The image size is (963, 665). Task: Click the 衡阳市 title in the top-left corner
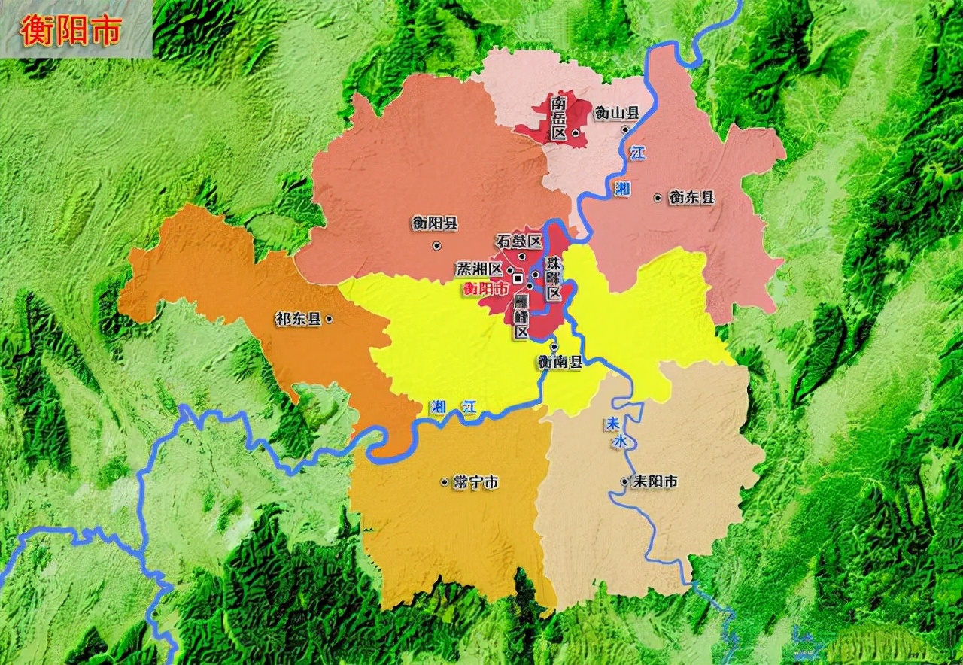click(x=72, y=32)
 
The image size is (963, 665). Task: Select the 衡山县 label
click(x=616, y=114)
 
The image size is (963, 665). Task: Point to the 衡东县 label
click(x=691, y=198)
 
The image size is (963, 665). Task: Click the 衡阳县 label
click(x=434, y=223)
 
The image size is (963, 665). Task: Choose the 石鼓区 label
click(x=519, y=241)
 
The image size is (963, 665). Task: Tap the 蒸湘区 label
click(x=479, y=269)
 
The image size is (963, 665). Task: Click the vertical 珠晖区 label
click(x=554, y=278)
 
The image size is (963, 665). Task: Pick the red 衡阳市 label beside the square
click(x=485, y=288)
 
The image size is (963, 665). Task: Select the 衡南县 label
click(x=560, y=362)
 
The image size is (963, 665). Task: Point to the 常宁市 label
click(x=475, y=482)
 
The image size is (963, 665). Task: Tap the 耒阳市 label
click(x=655, y=481)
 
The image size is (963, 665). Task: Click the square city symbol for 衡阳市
click(x=518, y=278)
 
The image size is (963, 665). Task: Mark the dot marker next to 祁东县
click(x=329, y=320)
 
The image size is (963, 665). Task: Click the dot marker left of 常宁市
click(x=444, y=481)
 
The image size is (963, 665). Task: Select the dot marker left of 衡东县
click(x=658, y=198)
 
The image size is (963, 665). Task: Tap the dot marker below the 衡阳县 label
click(x=436, y=246)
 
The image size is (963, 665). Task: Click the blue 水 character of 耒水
click(x=619, y=443)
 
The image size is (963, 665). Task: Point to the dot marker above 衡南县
click(x=554, y=346)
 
